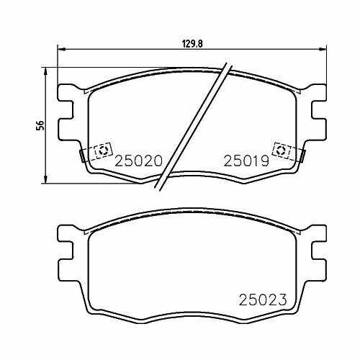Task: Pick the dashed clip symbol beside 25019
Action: pos(280,150)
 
